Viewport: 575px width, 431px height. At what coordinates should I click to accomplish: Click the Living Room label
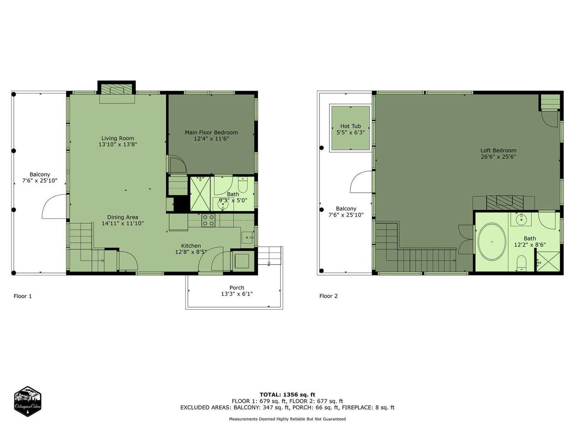(118, 138)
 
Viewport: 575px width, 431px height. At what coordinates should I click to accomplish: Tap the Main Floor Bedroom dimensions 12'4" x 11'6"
(212, 139)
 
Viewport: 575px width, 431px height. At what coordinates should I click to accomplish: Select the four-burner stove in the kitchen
(208, 220)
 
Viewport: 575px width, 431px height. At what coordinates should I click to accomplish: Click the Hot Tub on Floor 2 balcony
(351, 128)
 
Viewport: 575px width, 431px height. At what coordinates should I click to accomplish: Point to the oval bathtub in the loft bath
(492, 242)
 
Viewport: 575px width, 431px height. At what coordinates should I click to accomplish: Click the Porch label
(237, 288)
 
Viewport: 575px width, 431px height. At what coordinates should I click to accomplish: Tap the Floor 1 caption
(22, 296)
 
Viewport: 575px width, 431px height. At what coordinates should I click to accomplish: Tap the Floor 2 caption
(329, 296)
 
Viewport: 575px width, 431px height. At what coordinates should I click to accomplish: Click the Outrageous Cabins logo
(27, 401)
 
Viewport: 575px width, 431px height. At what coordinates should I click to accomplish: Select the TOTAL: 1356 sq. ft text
(287, 395)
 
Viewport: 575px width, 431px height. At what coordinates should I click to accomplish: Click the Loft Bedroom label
(498, 150)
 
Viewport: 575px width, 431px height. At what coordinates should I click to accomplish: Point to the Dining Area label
(123, 217)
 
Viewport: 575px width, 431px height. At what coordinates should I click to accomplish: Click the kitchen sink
(247, 237)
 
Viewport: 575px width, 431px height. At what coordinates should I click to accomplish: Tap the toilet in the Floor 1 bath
(243, 184)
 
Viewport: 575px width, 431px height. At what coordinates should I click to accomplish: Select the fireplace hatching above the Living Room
(117, 89)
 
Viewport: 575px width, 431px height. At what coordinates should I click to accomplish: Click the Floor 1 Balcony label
(39, 174)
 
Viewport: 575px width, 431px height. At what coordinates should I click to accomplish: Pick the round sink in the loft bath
(521, 219)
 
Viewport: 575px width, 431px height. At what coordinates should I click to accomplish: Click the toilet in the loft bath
(521, 263)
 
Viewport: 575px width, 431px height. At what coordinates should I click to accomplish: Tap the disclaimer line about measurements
(287, 419)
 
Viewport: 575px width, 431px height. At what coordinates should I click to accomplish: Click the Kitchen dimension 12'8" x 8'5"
(191, 252)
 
